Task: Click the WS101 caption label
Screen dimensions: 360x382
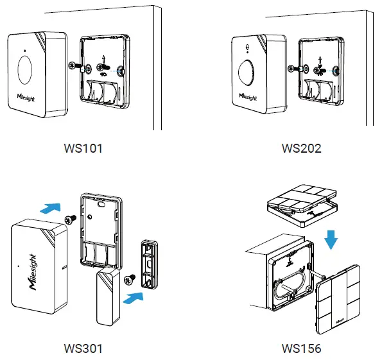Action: click(x=83, y=148)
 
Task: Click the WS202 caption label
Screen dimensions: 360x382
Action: click(x=301, y=148)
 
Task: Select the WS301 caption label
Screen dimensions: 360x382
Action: click(x=83, y=349)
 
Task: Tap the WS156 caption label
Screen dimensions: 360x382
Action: click(x=301, y=349)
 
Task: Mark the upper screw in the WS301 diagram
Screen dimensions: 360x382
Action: click(x=72, y=219)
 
